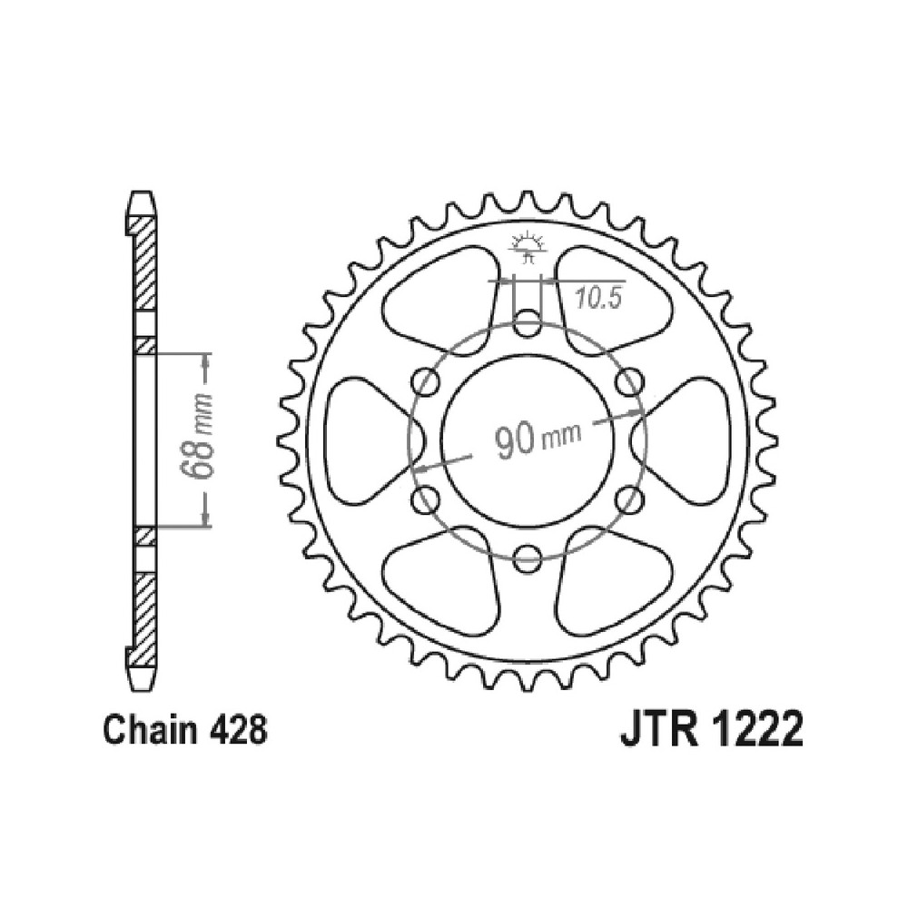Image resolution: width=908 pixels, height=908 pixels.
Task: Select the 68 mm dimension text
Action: (197, 438)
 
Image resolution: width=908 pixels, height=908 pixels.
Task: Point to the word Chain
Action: (147, 731)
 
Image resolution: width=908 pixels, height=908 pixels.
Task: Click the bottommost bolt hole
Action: (527, 558)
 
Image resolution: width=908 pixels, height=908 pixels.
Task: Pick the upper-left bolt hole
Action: (426, 382)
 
